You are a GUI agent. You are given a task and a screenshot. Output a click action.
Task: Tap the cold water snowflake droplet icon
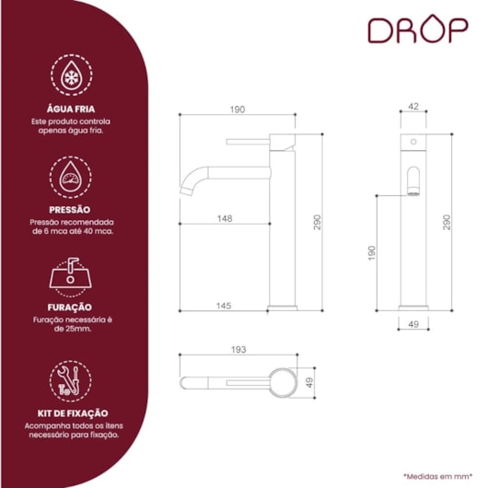pyautogui.click(x=72, y=75)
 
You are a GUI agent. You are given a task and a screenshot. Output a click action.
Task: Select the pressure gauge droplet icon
pyautogui.click(x=71, y=177)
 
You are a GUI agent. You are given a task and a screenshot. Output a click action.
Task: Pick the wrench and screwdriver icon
pyautogui.click(x=70, y=381)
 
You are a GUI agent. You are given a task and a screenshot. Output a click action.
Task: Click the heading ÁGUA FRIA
pyautogui.click(x=71, y=109)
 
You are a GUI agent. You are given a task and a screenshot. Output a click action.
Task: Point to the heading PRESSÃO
pyautogui.click(x=70, y=210)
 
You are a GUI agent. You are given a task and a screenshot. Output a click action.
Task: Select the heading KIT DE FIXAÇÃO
pyautogui.click(x=73, y=413)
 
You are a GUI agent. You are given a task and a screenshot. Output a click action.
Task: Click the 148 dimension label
pyautogui.click(x=225, y=218)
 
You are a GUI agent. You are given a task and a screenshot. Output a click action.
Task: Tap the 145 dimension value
pyautogui.click(x=224, y=306)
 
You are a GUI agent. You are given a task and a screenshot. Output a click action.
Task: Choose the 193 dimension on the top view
pyautogui.click(x=238, y=350)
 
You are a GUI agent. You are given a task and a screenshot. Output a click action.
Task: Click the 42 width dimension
pyautogui.click(x=413, y=107)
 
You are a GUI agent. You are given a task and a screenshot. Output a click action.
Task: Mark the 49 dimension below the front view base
pyautogui.click(x=413, y=324)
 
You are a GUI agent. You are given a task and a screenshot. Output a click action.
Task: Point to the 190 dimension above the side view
pyautogui.click(x=238, y=110)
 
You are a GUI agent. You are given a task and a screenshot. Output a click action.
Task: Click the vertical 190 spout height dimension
pyautogui.click(x=372, y=253)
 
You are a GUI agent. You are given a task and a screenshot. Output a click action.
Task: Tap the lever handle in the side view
pyautogui.click(x=248, y=142)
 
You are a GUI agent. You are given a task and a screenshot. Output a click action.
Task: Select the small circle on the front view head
pyautogui.click(x=413, y=142)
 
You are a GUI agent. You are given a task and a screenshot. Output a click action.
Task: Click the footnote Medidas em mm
pyautogui.click(x=438, y=476)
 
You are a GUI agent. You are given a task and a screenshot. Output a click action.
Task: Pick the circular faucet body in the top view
pyautogui.click(x=283, y=382)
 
